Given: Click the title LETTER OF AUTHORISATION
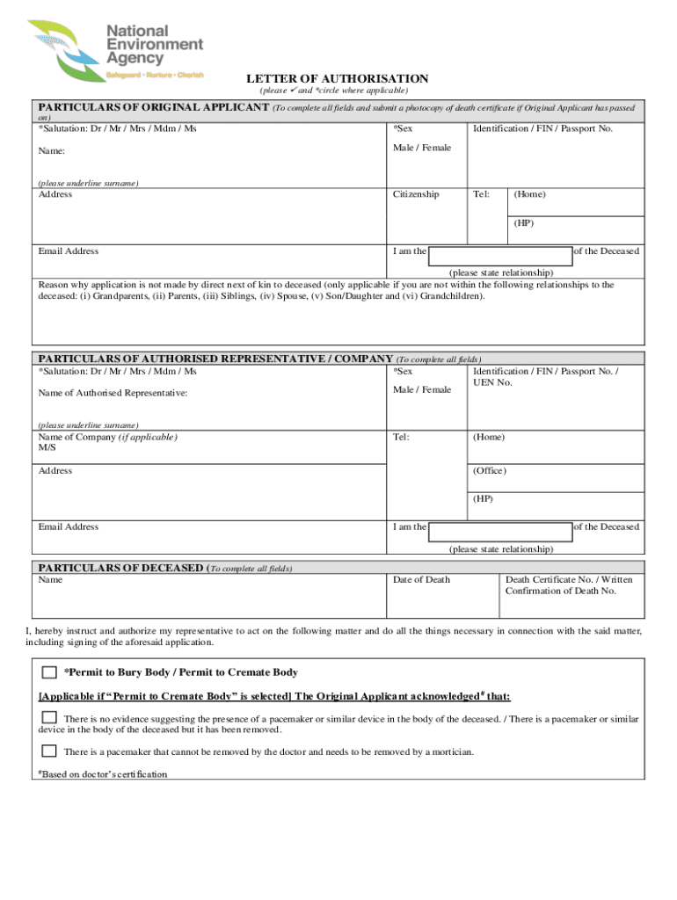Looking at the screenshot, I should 337,79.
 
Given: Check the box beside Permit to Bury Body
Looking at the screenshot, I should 49,672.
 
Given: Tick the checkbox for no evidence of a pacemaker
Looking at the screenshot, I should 49,718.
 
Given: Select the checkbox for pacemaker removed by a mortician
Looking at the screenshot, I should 49,751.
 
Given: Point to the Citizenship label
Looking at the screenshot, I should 416,194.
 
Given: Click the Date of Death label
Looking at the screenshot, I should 421,579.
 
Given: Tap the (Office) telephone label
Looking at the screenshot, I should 490,470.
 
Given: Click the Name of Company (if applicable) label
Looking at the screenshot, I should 107,437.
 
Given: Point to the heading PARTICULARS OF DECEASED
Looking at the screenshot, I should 120,568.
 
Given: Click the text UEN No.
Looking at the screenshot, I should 492,382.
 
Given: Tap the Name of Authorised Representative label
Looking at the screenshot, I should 113,393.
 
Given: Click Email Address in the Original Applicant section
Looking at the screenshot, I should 69,251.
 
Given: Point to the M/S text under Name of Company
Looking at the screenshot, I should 47,448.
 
